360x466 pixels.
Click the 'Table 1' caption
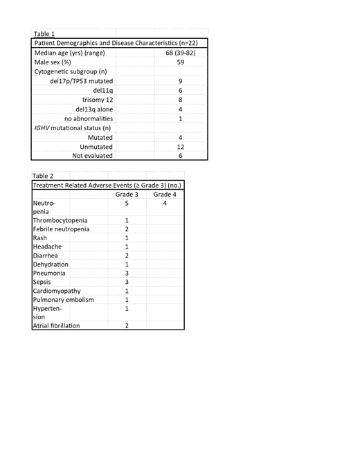pyautogui.click(x=44, y=33)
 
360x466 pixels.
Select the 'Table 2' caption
pyautogui.click(x=44, y=175)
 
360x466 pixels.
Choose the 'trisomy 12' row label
pyautogui.click(x=97, y=100)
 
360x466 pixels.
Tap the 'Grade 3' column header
pyautogui.click(x=127, y=195)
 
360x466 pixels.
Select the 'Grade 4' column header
pyautogui.click(x=165, y=195)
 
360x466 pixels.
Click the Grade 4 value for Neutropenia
pyautogui.click(x=165, y=204)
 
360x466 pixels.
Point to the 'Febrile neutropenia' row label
pyautogui.click(x=61, y=229)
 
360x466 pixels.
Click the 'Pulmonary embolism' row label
pyautogui.click(x=63, y=300)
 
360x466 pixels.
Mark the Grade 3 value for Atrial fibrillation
pyautogui.click(x=127, y=325)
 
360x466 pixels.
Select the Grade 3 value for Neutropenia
pyautogui.click(x=127, y=204)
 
